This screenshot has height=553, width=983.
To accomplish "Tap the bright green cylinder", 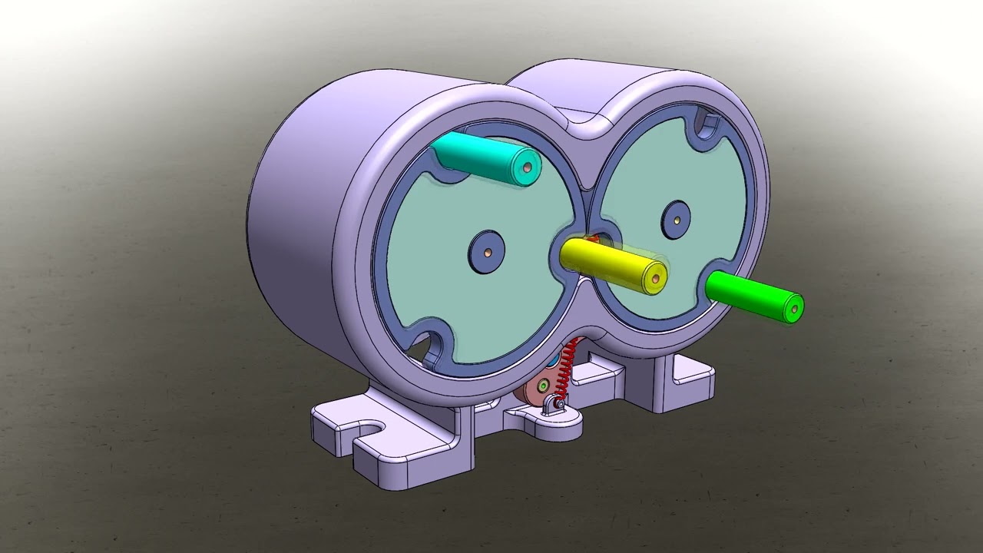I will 753,296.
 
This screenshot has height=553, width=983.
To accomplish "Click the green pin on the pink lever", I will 544,382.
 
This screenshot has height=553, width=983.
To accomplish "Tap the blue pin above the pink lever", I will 553,360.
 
